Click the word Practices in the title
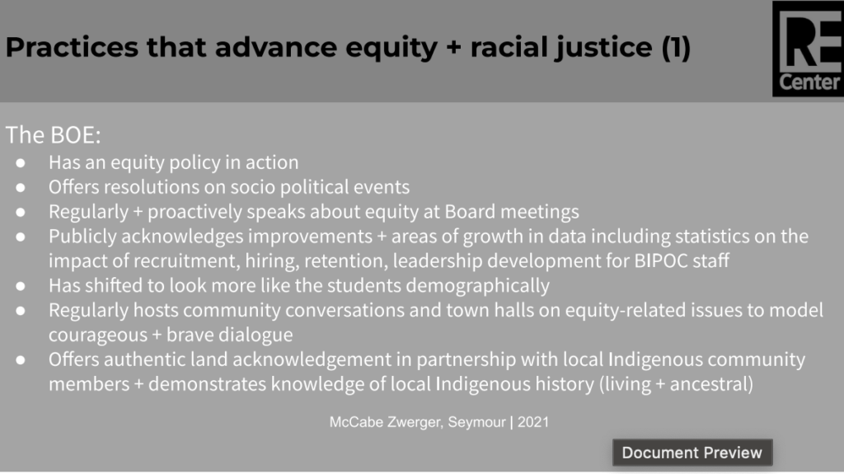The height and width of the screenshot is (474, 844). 73,47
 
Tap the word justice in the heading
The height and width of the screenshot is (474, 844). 604,49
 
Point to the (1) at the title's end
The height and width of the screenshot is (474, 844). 676,48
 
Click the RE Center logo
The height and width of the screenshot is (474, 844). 808,49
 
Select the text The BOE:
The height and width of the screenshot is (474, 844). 54,134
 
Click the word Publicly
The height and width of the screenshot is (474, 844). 82,237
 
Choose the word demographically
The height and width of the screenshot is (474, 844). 477,286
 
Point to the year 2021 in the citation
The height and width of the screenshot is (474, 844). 533,422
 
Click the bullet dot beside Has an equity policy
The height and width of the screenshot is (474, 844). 21,162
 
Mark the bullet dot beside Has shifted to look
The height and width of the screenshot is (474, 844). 21,286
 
